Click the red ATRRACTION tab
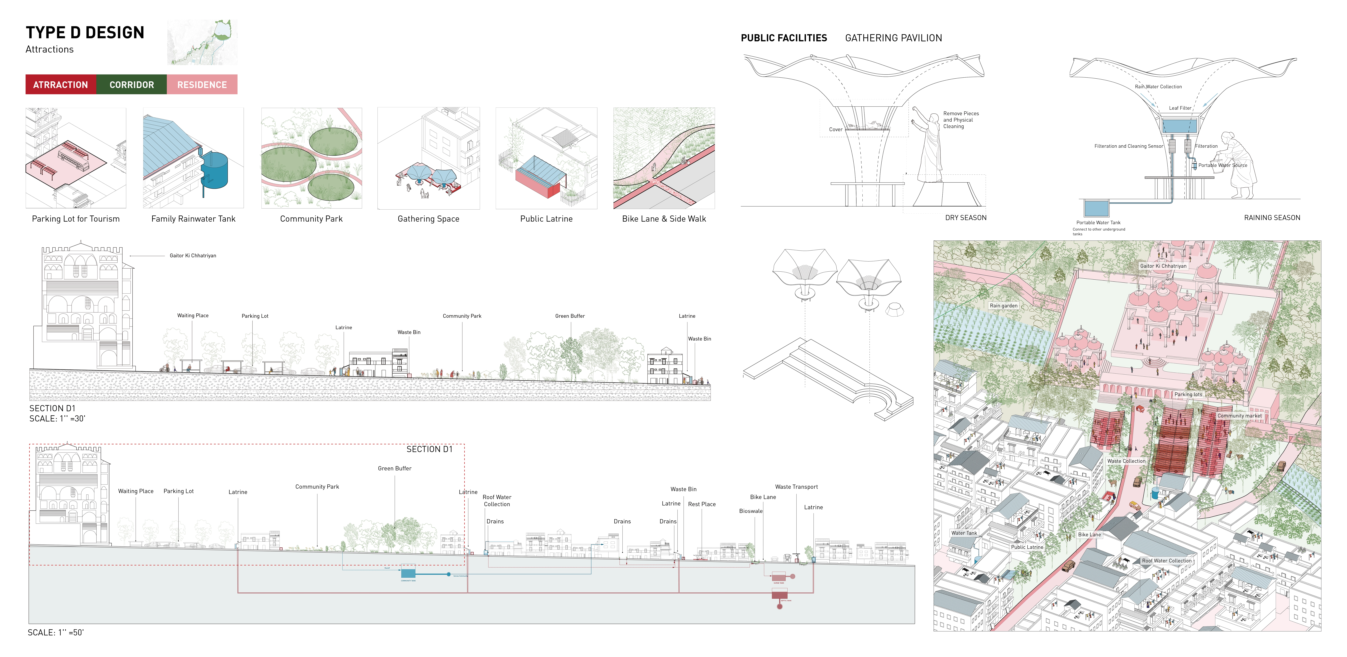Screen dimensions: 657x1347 (61, 85)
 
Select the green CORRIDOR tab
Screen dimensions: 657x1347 (132, 85)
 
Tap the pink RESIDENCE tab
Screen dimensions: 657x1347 (202, 85)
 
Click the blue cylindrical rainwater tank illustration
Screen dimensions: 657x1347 (215, 170)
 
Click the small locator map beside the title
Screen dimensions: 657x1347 (202, 42)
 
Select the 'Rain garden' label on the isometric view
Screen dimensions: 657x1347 (1003, 306)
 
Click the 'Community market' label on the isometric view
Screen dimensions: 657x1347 (1239, 416)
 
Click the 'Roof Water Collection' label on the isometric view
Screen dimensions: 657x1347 (1167, 561)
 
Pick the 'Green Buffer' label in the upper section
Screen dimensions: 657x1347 (570, 316)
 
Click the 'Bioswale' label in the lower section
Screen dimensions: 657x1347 (750, 511)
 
